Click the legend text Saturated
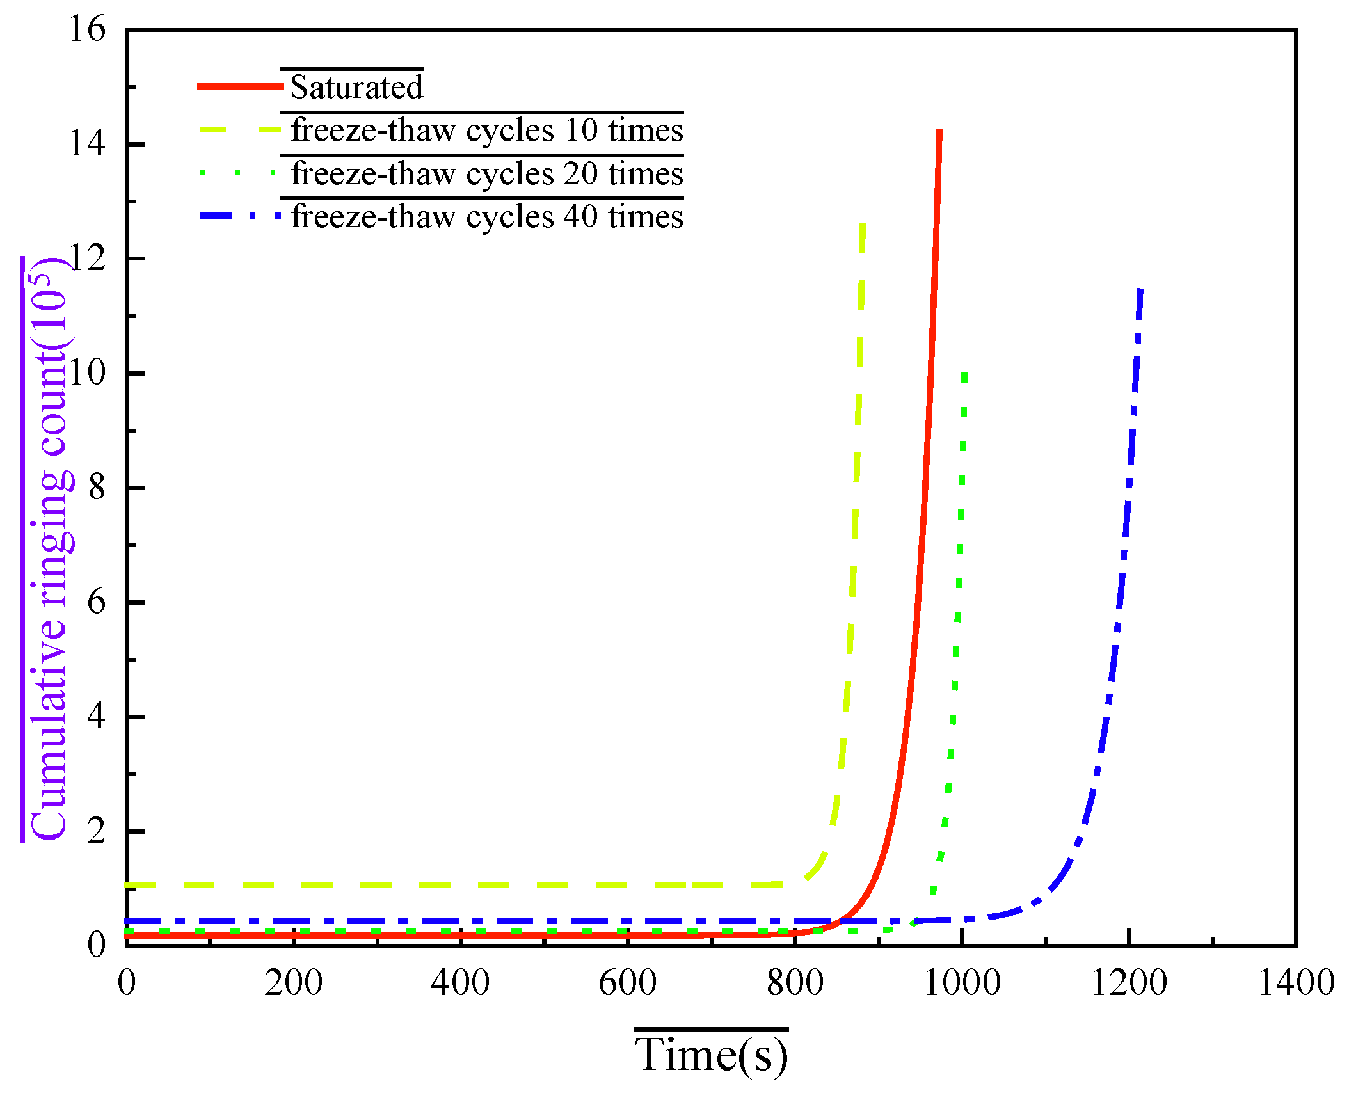click(356, 87)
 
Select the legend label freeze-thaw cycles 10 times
click(486, 131)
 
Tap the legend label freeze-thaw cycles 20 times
click(486, 174)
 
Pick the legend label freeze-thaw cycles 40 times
click(486, 217)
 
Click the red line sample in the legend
click(240, 86)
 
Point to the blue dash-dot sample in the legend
click(240, 216)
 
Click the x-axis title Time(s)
click(711, 1054)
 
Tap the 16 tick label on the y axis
click(86, 29)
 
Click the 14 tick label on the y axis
click(86, 144)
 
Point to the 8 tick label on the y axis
click(96, 488)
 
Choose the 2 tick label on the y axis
click(96, 831)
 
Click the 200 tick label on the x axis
click(293, 982)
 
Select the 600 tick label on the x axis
click(627, 982)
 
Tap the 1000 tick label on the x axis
click(962, 982)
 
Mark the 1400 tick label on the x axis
click(1296, 982)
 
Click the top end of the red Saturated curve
click(939, 132)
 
